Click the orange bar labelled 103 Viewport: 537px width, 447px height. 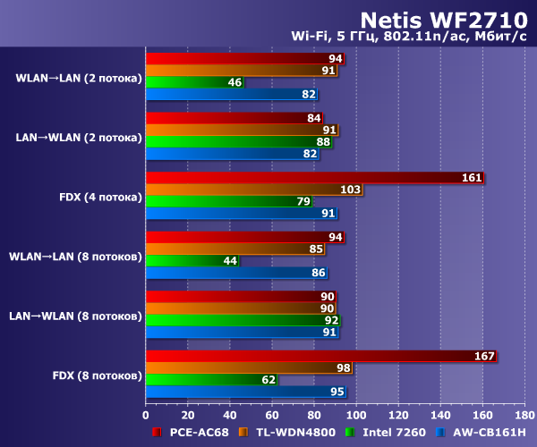coord(253,190)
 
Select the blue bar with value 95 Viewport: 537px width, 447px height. coord(245,392)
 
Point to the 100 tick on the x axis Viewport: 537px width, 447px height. coord(356,415)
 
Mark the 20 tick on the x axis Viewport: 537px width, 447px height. coord(188,415)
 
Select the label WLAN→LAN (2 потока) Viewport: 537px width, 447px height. coord(79,79)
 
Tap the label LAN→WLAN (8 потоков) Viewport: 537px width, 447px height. coord(75,316)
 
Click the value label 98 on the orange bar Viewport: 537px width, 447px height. coord(343,368)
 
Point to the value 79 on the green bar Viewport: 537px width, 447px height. coord(303,202)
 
